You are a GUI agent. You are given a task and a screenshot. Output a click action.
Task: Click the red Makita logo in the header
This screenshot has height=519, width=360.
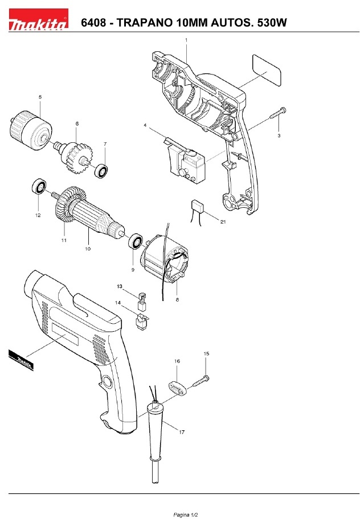click(x=38, y=19)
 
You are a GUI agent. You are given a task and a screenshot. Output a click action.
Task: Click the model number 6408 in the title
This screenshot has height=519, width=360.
click(x=93, y=23)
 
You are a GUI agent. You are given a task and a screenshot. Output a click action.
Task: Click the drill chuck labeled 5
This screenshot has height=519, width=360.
click(x=31, y=130)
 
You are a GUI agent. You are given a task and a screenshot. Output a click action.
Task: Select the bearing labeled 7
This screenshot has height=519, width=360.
click(x=101, y=171)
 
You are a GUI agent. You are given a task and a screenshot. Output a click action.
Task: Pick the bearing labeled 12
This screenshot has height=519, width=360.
click(x=39, y=187)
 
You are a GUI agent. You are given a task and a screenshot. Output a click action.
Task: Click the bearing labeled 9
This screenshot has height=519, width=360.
click(x=136, y=241)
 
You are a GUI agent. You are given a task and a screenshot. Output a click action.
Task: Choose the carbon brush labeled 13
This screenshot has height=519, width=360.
click(x=142, y=301)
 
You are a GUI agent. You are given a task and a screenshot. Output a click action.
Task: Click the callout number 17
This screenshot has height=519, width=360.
click(x=182, y=432)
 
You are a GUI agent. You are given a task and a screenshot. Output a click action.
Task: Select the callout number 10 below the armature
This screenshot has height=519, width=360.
click(x=87, y=249)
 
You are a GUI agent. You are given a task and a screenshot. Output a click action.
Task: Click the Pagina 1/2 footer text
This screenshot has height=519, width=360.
click(x=186, y=514)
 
